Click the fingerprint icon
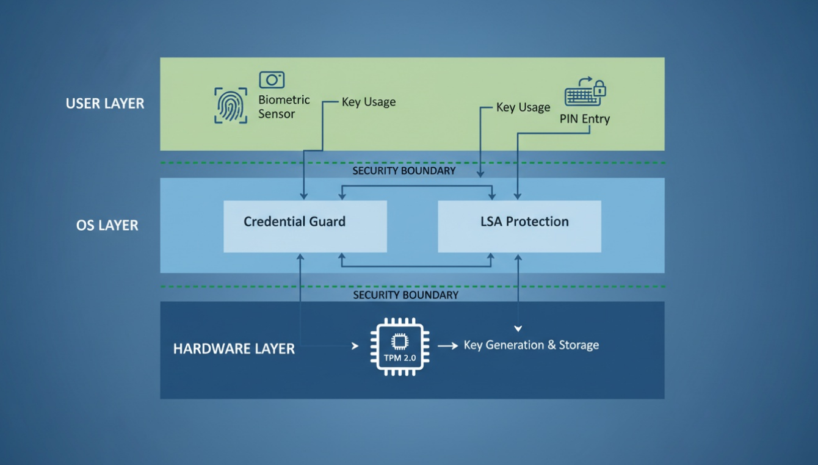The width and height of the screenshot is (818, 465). point(231,106)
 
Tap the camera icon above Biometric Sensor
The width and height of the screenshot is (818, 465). point(272,80)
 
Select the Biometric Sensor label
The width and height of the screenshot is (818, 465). point(284,107)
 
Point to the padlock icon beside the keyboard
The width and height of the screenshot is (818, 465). point(600,88)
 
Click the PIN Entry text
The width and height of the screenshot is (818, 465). point(584,119)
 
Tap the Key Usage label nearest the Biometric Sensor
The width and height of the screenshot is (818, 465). point(369,102)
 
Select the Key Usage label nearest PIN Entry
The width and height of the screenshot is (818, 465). point(523,107)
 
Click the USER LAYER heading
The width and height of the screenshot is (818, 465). point(105,104)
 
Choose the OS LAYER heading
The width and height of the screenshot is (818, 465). point(107,225)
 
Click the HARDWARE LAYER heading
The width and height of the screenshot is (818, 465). point(234,349)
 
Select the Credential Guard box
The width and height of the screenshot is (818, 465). point(305,226)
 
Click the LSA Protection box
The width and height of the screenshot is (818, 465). point(519,226)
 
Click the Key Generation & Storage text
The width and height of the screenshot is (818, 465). point(531,345)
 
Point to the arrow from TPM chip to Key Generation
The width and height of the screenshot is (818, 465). point(447,346)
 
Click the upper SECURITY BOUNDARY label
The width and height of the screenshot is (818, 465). point(404,171)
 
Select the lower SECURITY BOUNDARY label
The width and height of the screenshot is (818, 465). point(405,295)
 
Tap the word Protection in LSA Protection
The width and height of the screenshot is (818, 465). point(537,222)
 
